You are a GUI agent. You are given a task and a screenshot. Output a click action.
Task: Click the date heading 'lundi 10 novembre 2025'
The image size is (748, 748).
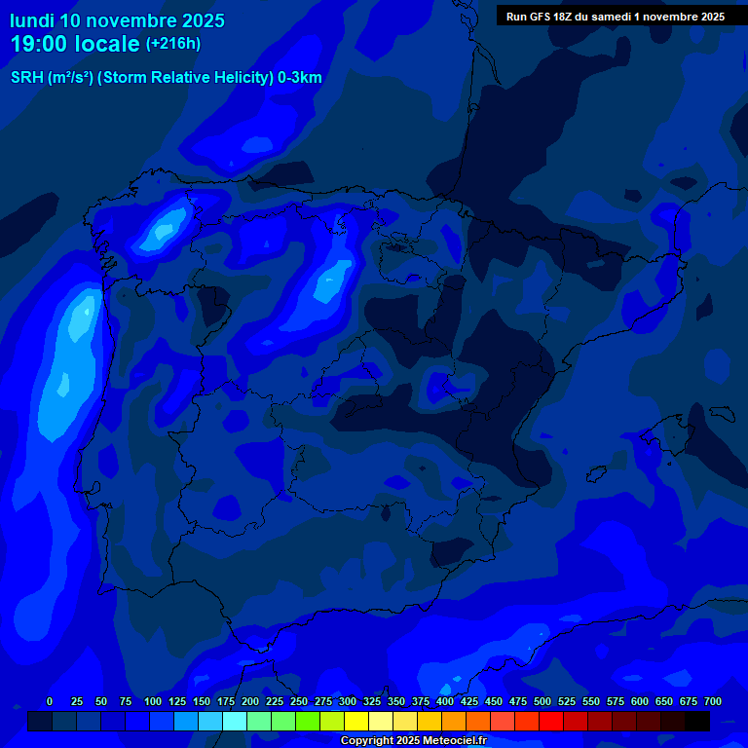(117, 20)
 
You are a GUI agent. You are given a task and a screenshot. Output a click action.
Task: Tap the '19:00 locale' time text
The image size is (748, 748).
(75, 44)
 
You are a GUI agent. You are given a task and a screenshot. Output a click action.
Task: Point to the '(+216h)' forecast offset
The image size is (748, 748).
(172, 43)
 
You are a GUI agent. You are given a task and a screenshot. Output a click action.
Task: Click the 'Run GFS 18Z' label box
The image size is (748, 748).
(615, 16)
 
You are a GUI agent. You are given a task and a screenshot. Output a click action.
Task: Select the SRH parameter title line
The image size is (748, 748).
(166, 78)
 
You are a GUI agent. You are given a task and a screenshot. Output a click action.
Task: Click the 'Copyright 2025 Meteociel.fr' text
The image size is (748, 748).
(413, 741)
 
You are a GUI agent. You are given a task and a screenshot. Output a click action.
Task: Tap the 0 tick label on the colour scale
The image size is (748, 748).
(50, 701)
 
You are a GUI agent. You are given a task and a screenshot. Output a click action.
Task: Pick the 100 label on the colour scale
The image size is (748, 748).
(152, 701)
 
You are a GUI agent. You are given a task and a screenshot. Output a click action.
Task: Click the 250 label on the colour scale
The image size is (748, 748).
(298, 701)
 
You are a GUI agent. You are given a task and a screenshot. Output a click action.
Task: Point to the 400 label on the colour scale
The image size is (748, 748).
(444, 701)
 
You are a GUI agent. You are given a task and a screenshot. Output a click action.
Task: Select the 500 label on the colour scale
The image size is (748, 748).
(542, 701)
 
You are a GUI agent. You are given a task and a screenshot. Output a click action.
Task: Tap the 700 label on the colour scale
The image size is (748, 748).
(712, 701)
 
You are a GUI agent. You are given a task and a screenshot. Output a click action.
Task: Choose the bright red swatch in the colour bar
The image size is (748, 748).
(551, 721)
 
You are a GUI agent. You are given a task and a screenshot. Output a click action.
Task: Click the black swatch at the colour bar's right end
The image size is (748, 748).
(697, 721)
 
